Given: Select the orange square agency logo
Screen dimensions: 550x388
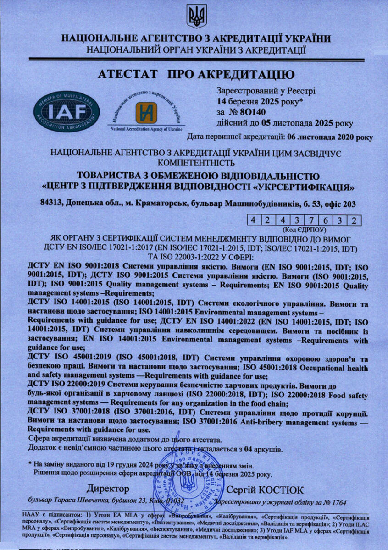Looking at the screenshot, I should coord(146,112).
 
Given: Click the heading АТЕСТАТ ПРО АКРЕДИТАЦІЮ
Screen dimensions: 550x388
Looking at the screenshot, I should coord(193,74).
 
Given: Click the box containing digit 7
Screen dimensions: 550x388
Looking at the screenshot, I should coord(311,220).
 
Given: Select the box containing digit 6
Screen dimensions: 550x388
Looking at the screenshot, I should coord(325,220).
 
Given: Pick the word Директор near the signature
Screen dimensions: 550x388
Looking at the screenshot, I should coord(108,489).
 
